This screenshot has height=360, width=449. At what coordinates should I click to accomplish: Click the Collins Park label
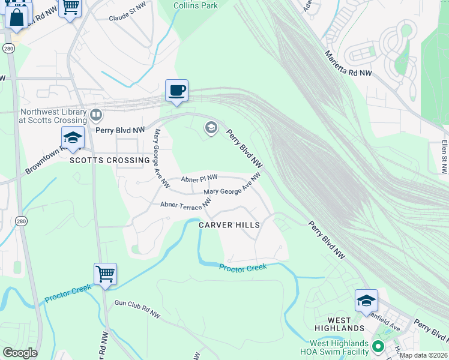tap(195, 5)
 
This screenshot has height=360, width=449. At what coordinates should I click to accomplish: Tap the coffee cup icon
tap(177, 91)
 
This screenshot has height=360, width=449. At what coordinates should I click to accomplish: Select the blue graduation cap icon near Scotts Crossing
tap(73, 138)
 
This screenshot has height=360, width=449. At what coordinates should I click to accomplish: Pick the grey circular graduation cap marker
tap(211, 127)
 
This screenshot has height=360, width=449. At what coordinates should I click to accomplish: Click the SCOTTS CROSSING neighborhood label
tap(109, 160)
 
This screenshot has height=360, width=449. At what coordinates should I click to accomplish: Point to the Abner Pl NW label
tap(199, 178)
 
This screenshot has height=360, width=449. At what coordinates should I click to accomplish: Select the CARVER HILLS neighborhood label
tap(230, 225)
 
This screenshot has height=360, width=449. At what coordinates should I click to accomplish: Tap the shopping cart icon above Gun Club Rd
tap(105, 274)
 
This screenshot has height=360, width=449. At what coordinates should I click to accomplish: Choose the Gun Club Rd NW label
tap(137, 310)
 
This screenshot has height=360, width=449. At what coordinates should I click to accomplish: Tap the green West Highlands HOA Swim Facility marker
tap(378, 346)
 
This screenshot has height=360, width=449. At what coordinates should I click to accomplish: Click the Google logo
tap(20, 353)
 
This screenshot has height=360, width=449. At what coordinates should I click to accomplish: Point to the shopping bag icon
tap(16, 16)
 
